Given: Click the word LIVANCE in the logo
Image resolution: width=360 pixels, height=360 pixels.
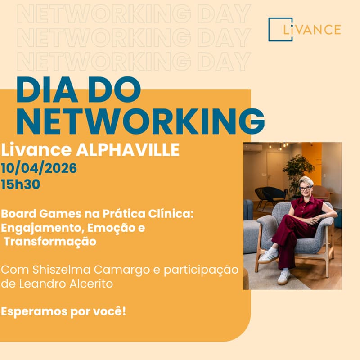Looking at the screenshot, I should [x=312, y=30].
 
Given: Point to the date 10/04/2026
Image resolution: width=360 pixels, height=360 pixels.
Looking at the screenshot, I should [x=39, y=169].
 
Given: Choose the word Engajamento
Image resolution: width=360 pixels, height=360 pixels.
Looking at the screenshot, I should [x=36, y=228].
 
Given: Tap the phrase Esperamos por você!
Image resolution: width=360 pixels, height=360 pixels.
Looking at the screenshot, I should [x=63, y=311].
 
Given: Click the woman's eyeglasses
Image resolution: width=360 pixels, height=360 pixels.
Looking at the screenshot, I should [x=306, y=188].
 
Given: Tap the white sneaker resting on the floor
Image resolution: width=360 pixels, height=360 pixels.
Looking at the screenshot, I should [x=283, y=277].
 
